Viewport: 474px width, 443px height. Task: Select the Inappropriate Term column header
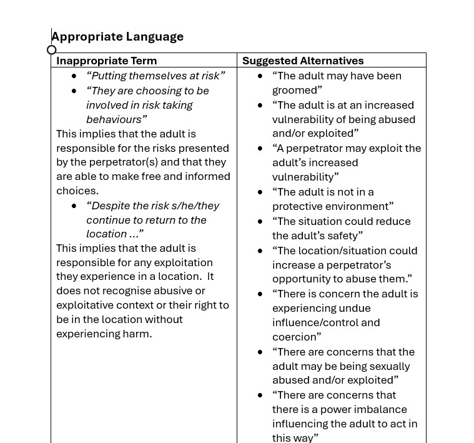coord(106,61)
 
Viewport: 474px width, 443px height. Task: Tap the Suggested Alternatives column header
coord(303,61)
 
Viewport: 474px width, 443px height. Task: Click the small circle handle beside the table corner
coord(52,50)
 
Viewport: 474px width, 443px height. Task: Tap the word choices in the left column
coord(77,191)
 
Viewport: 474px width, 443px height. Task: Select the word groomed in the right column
coord(297,90)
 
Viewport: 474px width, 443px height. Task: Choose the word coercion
coord(296,337)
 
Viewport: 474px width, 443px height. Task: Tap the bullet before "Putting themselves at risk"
coord(74,76)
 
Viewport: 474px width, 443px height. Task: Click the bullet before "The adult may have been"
coord(260,76)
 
